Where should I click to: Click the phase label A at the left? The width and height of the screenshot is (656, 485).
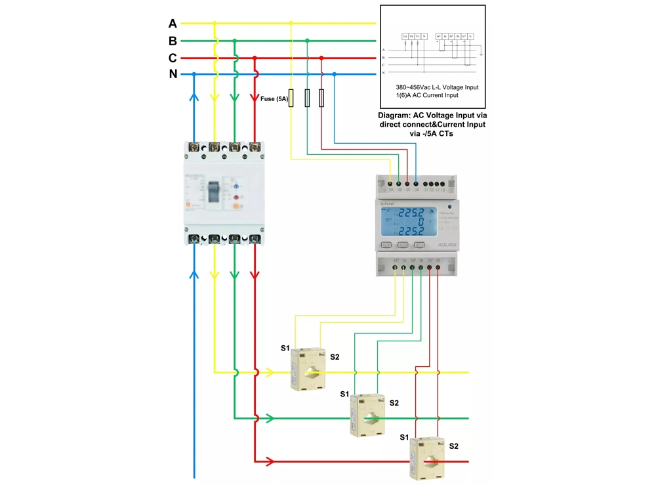173,24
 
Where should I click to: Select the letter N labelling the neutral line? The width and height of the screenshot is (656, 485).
173,74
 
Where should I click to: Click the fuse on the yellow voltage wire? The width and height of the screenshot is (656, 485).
291,98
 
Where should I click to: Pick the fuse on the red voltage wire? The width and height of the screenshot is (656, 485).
321,98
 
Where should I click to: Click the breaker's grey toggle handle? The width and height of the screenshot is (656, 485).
214,192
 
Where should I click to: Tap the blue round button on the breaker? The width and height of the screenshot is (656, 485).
236,186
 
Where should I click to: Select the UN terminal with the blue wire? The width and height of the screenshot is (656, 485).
417,184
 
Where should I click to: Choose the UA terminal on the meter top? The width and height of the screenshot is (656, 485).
391,184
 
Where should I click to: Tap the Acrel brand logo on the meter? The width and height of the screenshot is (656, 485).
387,203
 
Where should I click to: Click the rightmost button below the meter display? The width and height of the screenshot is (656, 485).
419,245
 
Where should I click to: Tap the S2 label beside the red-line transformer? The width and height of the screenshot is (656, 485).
453,446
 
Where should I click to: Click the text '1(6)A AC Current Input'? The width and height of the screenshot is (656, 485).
427,95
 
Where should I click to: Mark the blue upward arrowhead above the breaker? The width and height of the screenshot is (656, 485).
194,96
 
